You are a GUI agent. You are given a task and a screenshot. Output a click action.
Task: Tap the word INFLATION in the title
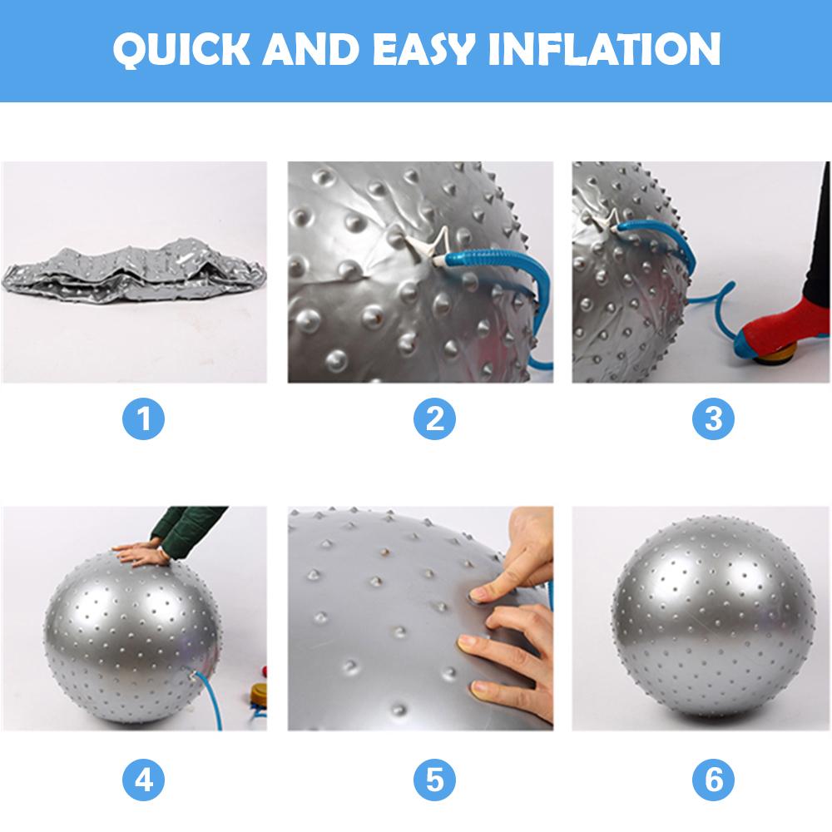click(x=614, y=50)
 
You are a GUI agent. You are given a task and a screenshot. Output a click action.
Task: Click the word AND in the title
click(x=313, y=50)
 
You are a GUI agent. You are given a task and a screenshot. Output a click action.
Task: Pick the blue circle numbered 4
click(x=144, y=780)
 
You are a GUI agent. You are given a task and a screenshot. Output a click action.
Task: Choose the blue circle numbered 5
click(x=435, y=780)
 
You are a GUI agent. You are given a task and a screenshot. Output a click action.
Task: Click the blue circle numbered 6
click(x=713, y=780)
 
